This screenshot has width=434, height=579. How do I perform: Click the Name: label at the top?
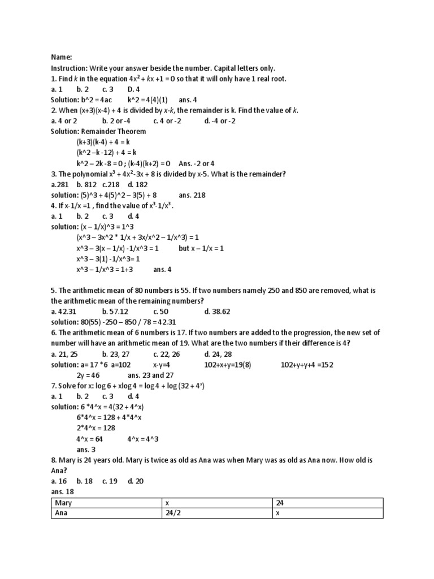(61, 57)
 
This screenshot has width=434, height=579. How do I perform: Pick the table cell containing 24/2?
(173, 513)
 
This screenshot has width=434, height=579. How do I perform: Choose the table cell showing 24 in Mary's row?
(280, 503)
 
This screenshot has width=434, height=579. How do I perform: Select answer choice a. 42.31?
(63, 312)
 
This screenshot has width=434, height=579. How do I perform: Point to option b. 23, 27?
(116, 354)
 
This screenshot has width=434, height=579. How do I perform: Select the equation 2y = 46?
(88, 375)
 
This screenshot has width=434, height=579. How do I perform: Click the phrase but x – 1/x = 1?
(202, 248)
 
